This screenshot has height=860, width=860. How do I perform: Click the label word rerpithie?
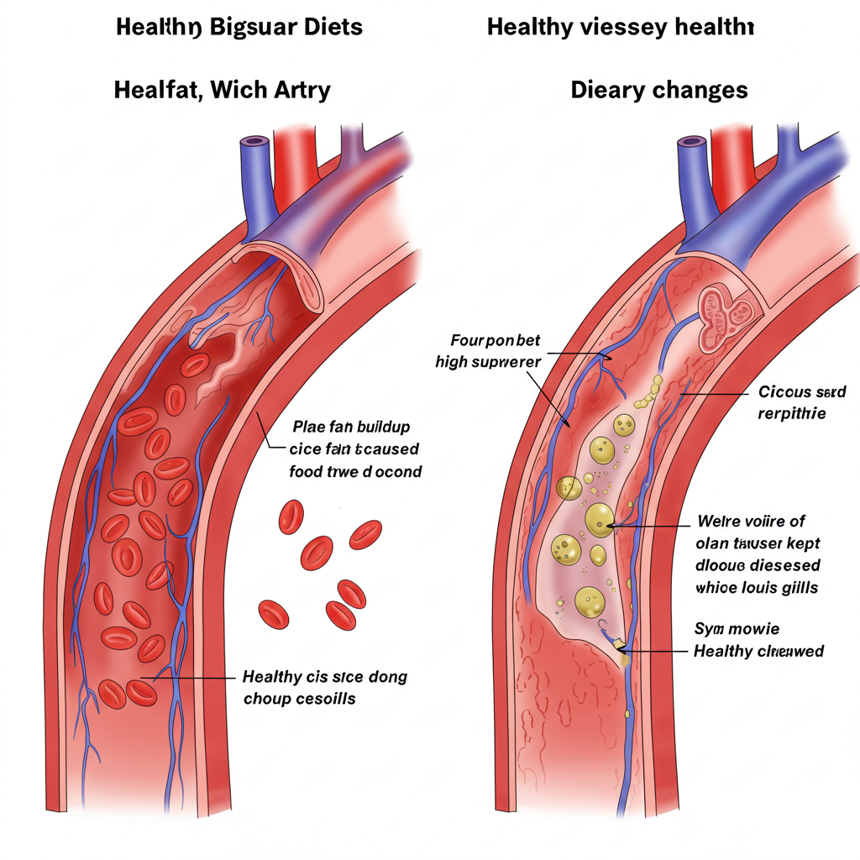pos(792,413)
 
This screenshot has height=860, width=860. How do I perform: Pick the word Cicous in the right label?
pos(784,391)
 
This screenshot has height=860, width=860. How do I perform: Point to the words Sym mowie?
pos(737,628)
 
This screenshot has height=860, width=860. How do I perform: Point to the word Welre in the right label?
pos(718,522)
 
